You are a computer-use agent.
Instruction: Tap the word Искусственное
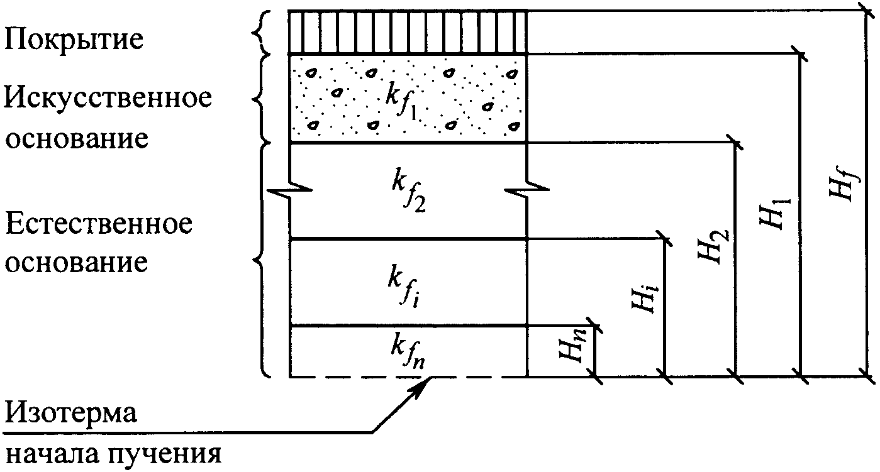pyautogui.click(x=108, y=99)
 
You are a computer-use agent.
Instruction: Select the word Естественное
pyautogui.click(x=99, y=224)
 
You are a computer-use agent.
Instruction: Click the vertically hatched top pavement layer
pyautogui.click(x=408, y=31)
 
